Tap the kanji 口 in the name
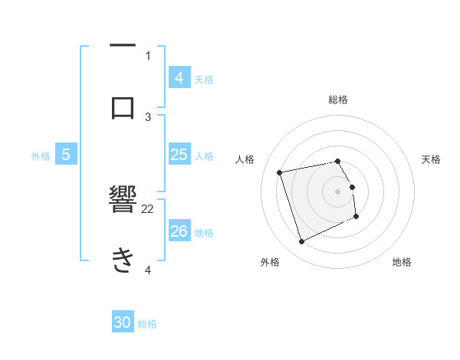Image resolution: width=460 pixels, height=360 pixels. [123, 107]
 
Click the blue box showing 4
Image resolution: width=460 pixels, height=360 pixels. [179, 77]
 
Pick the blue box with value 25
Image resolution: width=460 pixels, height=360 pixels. [179, 155]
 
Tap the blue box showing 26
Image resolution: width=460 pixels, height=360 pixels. [179, 231]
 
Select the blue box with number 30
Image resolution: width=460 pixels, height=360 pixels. [123, 322]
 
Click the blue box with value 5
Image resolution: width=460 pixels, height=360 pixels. [66, 155]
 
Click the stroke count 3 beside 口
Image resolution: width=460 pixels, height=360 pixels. [148, 116]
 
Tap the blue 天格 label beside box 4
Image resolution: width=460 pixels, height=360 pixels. [204, 79]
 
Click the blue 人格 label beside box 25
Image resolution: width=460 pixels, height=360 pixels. [204, 156]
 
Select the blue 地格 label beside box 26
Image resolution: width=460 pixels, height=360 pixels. [204, 232]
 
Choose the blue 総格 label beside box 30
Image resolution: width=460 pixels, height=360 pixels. [147, 324]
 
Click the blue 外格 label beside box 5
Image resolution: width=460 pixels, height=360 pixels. [41, 156]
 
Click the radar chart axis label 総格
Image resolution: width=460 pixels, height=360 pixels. [338, 100]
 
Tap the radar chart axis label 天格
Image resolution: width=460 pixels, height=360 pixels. [432, 159]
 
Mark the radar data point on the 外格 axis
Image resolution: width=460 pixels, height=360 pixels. [301, 242]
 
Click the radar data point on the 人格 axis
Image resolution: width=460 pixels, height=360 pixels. [280, 172]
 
